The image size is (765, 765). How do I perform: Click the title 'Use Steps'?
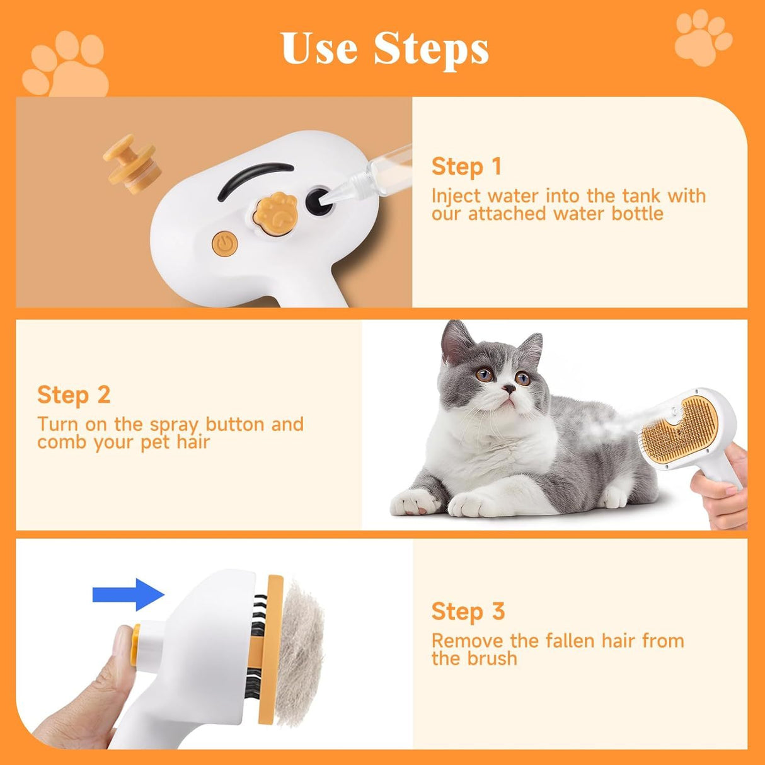[384, 49]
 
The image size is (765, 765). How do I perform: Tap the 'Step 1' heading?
[466, 166]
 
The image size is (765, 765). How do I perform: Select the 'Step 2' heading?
[74, 395]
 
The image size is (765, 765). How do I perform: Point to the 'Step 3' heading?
[468, 611]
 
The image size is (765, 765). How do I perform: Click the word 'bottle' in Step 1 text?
[638, 214]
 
